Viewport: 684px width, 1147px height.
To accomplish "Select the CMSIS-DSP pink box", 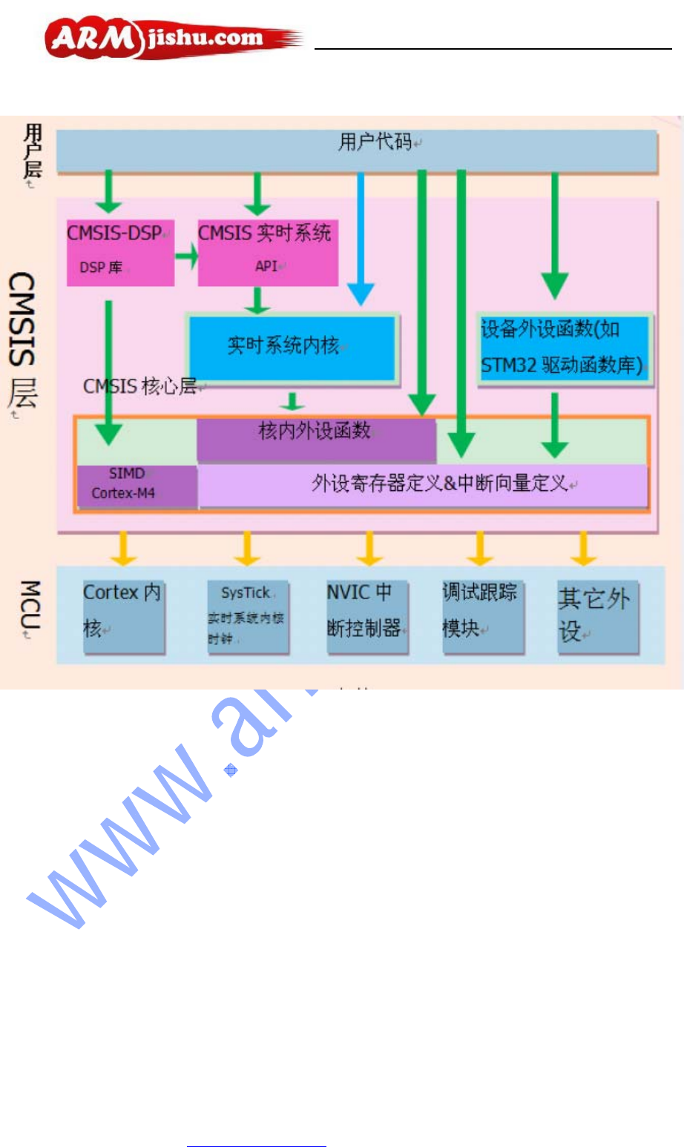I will pos(120,252).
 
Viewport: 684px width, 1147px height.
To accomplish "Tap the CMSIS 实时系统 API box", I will pos(267,252).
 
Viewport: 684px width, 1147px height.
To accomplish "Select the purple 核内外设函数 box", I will pos(315,439).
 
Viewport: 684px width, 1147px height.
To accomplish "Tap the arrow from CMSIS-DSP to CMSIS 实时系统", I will pos(186,257).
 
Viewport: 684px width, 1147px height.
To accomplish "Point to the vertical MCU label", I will pos(30,608).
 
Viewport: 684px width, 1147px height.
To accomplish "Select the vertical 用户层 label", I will pos(32,153).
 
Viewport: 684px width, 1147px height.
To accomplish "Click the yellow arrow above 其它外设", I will pos(584,548).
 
